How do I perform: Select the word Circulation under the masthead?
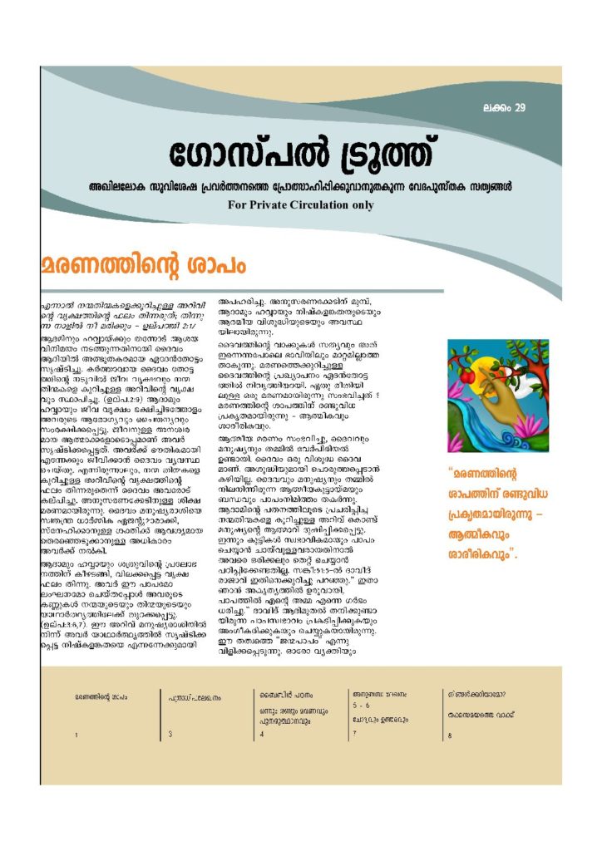click(333, 204)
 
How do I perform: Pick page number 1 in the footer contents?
click(76, 735)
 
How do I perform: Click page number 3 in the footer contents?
click(170, 734)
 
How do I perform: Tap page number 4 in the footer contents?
click(261, 735)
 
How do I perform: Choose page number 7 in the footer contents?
click(354, 734)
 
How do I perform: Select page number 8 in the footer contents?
click(449, 735)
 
